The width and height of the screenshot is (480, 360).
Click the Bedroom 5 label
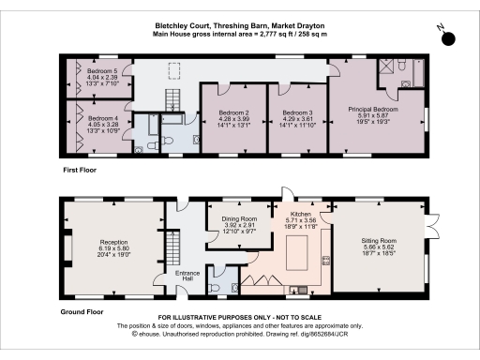pos(101,71)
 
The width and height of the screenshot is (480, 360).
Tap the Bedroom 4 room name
pos(101,118)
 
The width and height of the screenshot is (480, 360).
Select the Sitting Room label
pos(379,240)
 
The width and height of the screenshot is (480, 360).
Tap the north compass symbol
pos(448,38)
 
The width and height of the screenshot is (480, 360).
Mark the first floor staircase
pos(171,97)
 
